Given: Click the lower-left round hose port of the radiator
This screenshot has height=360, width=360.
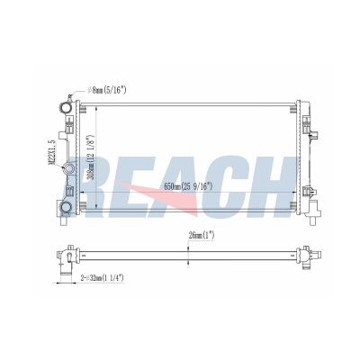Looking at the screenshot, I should point(65,208).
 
